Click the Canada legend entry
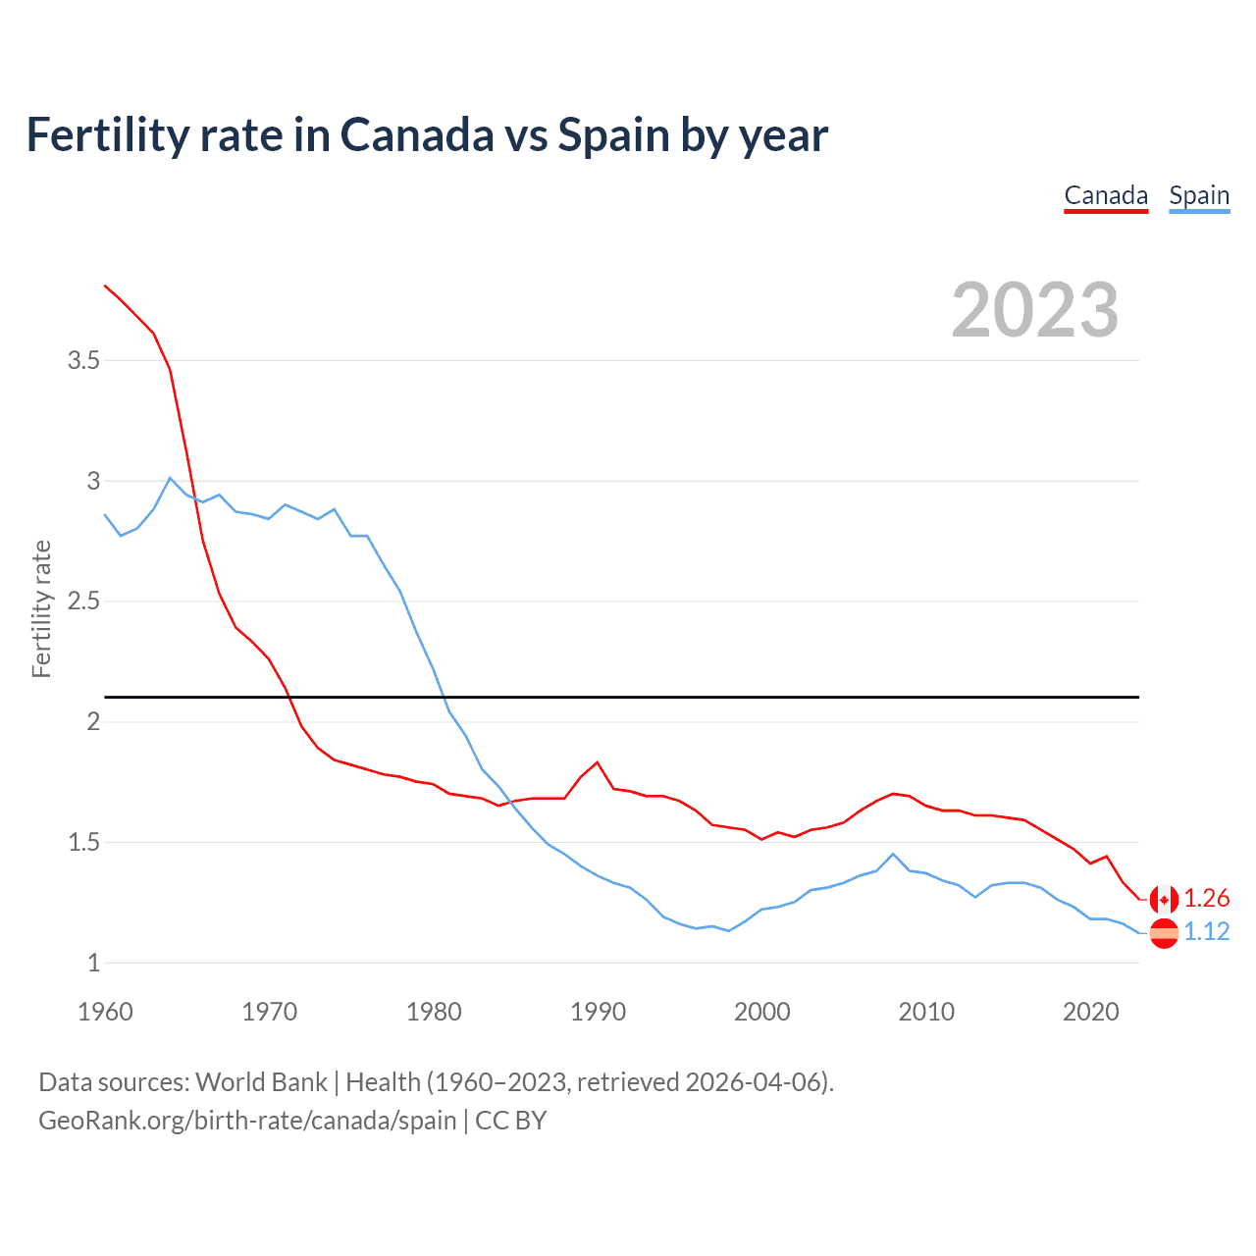1106,195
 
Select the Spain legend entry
1199,195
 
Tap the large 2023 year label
1035,310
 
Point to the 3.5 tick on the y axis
84,361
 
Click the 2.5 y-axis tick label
84,602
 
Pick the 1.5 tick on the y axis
84,842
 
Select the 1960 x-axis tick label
105,1012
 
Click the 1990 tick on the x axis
598,1012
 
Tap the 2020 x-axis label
1090,1012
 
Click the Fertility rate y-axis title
41,608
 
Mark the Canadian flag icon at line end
1164,899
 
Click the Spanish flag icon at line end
1164,933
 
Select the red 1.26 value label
1207,899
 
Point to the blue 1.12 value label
1207,932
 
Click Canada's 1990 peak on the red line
597,762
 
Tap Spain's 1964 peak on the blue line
171,478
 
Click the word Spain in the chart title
614,135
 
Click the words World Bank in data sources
261,1082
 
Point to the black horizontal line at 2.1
628,698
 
